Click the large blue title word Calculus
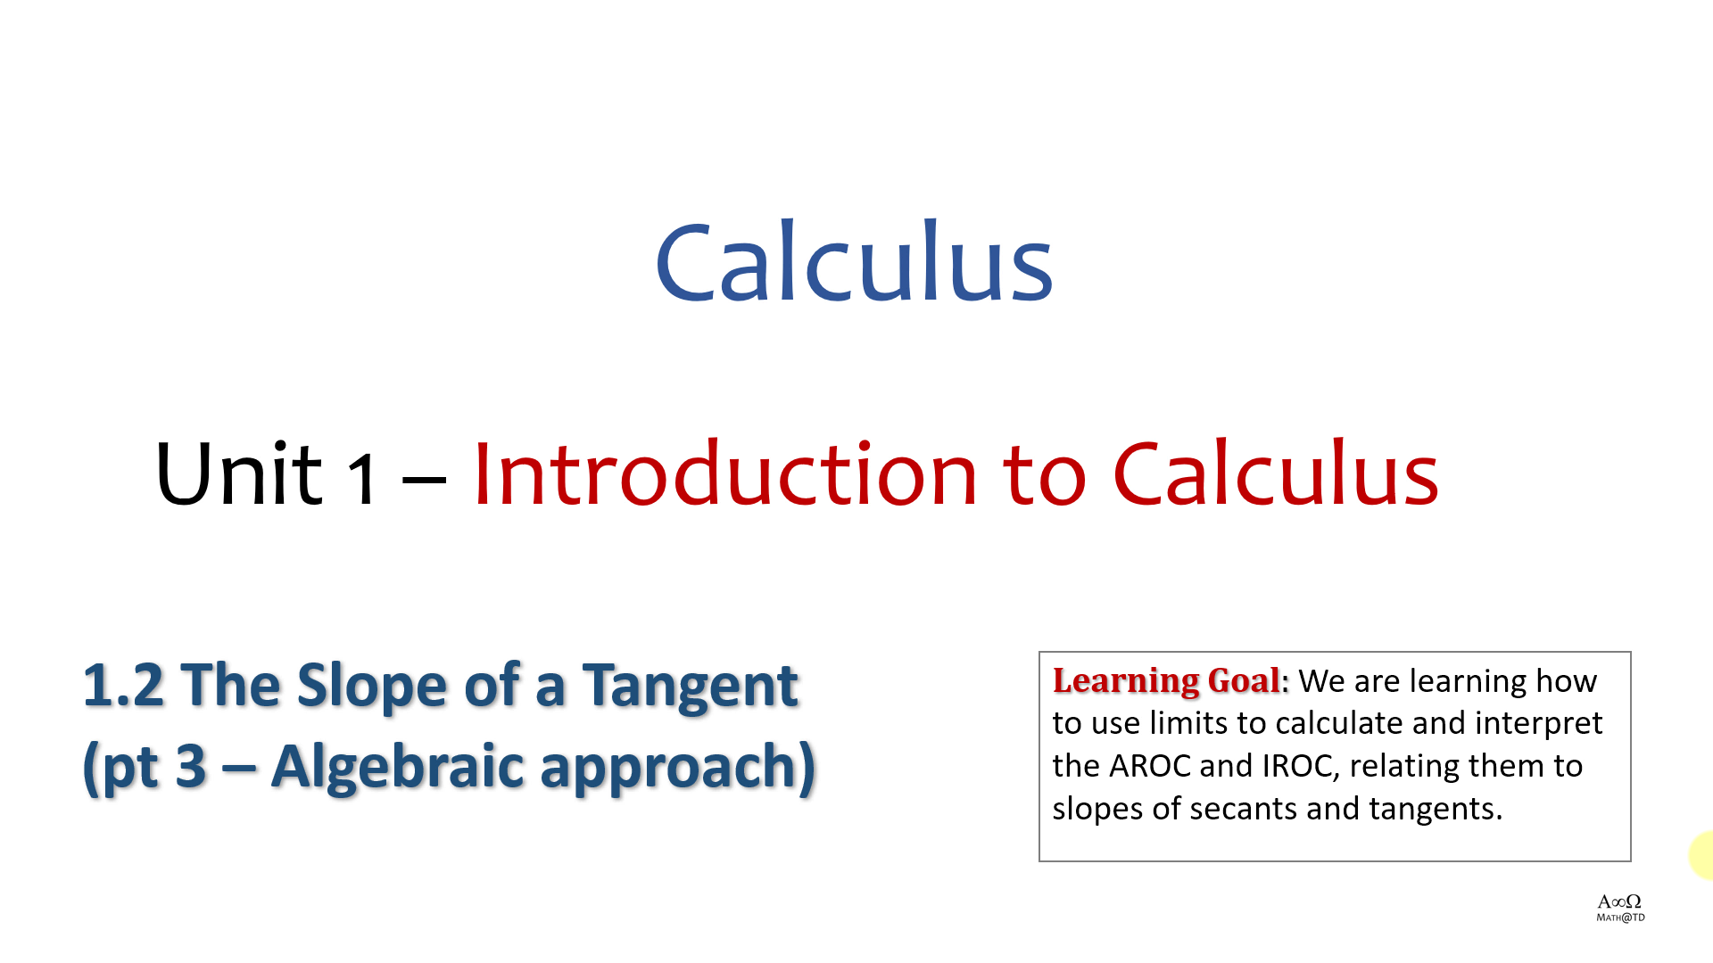click(x=854, y=261)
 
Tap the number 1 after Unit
click(x=362, y=480)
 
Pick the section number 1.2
click(x=124, y=685)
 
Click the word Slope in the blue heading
click(x=372, y=685)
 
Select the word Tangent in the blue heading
click(x=690, y=687)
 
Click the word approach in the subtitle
click(x=669, y=767)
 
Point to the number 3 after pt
click(x=191, y=766)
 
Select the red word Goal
click(x=1244, y=680)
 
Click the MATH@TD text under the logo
click(x=1620, y=918)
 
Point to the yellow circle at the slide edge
click(x=1702, y=855)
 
